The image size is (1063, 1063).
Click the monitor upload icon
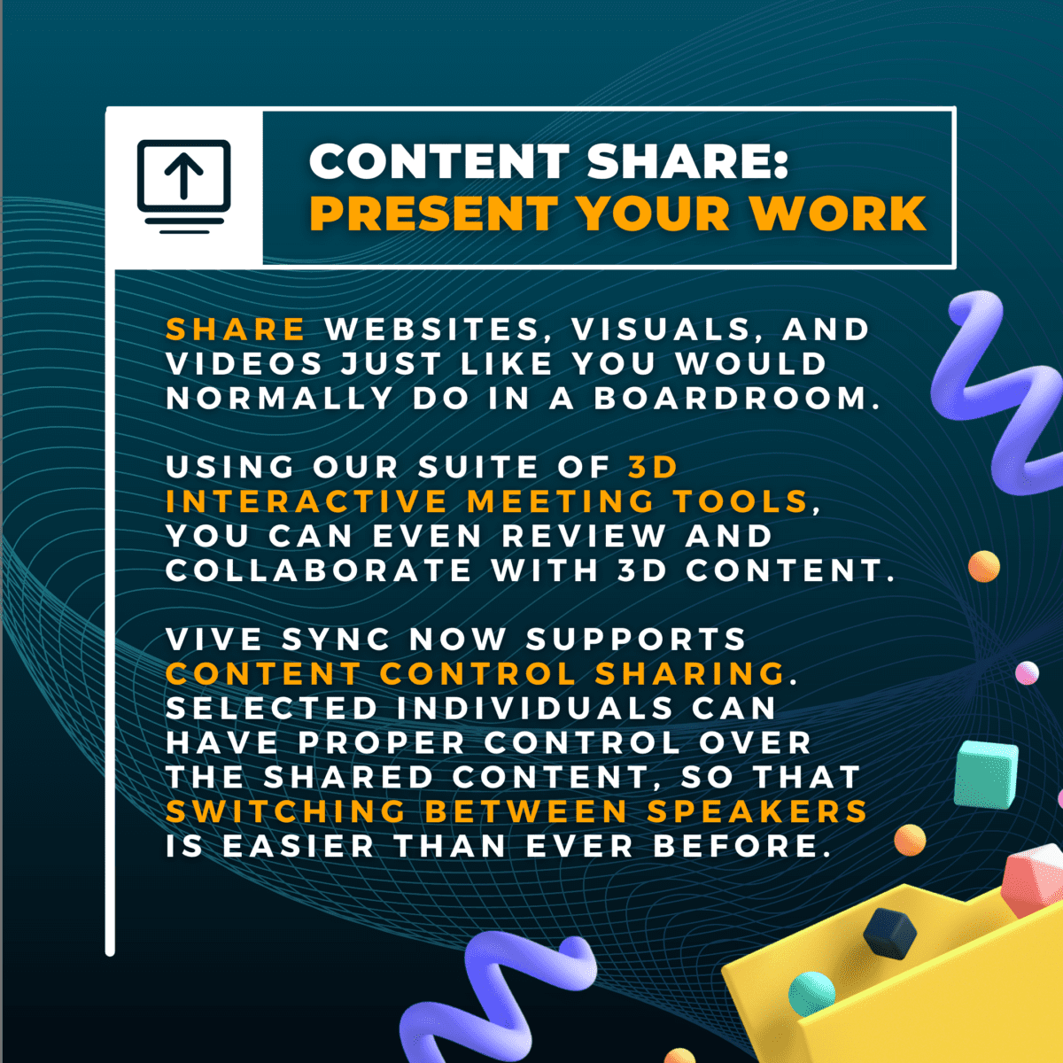(183, 184)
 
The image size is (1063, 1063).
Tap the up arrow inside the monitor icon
(183, 175)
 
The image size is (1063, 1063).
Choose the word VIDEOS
(244, 364)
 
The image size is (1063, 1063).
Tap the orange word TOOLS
(741, 502)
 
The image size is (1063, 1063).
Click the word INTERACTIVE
(306, 502)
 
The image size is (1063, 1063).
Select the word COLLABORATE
(319, 571)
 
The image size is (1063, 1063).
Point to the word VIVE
(213, 640)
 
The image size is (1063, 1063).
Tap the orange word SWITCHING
(286, 812)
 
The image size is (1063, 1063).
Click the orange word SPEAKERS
(757, 812)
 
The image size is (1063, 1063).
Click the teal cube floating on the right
(986, 773)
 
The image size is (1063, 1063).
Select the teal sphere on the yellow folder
(811, 994)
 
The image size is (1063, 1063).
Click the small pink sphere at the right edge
(1028, 673)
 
